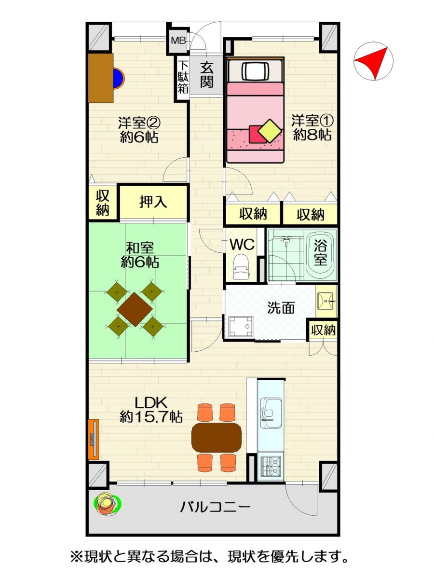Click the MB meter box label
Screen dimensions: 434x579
(x=178, y=41)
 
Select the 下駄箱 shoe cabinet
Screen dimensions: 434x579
(x=183, y=78)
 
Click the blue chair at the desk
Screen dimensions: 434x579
(x=118, y=78)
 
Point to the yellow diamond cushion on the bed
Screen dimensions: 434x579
(x=270, y=131)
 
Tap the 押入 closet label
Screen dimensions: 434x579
(x=153, y=202)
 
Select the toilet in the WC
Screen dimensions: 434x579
(x=241, y=267)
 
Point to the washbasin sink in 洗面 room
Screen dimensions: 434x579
(x=326, y=301)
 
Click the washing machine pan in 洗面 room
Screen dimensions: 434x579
(x=241, y=326)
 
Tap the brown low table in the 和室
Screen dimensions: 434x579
(x=135, y=309)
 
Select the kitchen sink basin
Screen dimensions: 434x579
(x=271, y=413)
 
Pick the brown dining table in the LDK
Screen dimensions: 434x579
(x=217, y=437)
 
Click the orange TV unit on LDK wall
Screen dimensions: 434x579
(x=94, y=439)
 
